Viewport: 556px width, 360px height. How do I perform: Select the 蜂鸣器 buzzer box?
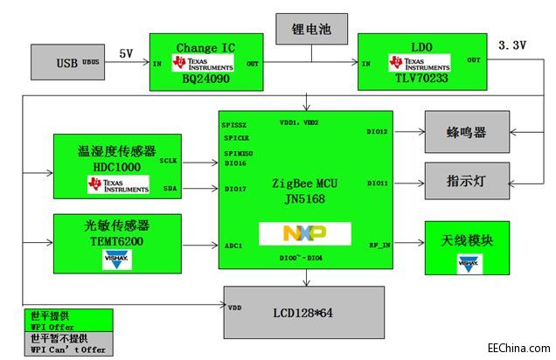(x=468, y=134)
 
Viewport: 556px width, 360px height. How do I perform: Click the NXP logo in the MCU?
(x=305, y=233)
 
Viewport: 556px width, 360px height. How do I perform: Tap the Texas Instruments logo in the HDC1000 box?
(x=117, y=184)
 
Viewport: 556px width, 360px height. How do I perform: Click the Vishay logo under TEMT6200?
(x=116, y=259)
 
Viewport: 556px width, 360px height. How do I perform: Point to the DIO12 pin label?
(x=377, y=132)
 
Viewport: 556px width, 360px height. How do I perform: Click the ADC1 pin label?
(x=233, y=245)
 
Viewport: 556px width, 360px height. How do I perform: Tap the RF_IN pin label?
(x=379, y=245)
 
